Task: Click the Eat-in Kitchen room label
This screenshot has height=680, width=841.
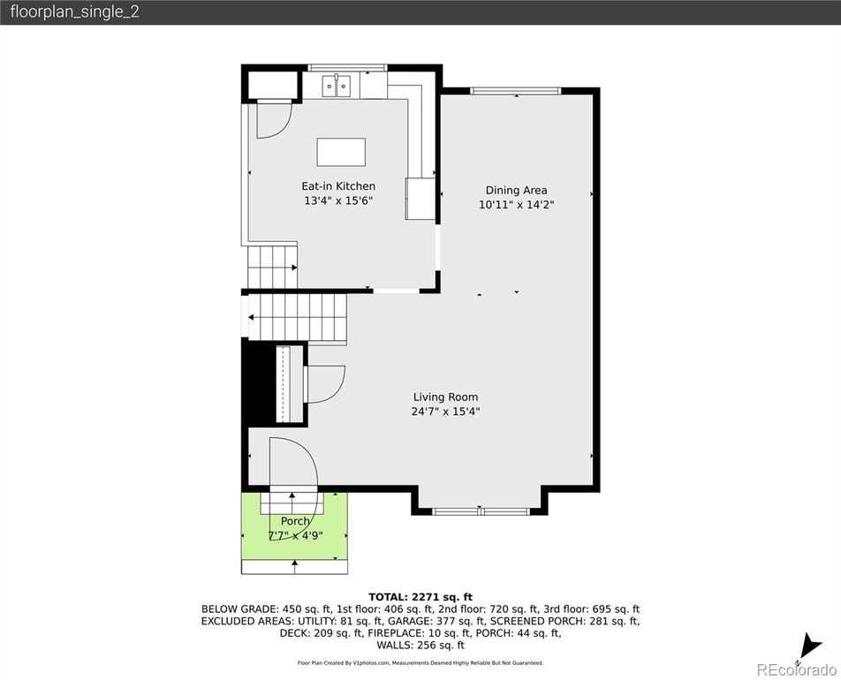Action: (337, 186)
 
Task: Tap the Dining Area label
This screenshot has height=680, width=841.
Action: (516, 191)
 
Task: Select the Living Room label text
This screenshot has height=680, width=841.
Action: (445, 397)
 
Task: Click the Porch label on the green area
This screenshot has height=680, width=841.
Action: (295, 521)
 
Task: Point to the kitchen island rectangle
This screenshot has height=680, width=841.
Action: (341, 152)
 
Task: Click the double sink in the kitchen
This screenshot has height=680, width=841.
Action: (337, 87)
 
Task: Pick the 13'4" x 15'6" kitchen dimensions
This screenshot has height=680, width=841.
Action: (337, 200)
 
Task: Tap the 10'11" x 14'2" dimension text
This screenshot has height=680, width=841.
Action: (516, 204)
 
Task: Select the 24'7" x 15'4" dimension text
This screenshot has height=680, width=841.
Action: (445, 412)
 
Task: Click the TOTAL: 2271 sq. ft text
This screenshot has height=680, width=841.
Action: (420, 597)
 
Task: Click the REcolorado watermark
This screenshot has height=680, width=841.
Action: (797, 669)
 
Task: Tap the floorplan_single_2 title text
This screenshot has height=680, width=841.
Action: (74, 11)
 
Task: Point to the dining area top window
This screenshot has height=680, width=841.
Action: (515, 91)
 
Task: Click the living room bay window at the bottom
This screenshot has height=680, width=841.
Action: (481, 511)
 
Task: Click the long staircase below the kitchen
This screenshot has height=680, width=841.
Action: (297, 317)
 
